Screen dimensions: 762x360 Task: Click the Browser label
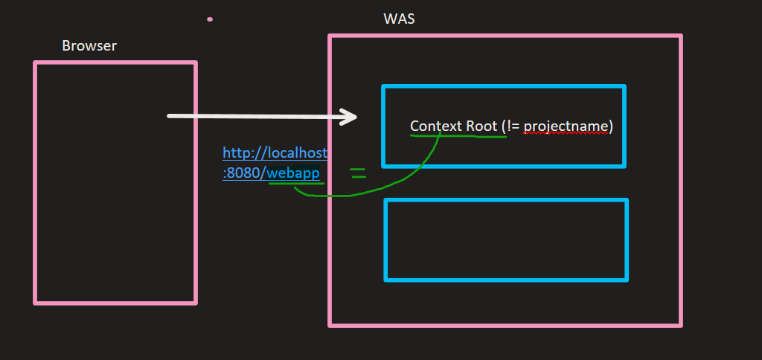tap(89, 46)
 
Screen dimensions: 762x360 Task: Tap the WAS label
tap(399, 19)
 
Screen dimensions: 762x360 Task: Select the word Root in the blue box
tap(481, 126)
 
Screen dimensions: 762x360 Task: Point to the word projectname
tap(566, 126)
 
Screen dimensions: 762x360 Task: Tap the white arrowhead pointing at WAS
tap(349, 117)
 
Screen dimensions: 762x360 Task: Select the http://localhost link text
tap(275, 153)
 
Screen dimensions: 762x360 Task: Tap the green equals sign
tap(358, 173)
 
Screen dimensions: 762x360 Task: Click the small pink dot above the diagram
tap(210, 19)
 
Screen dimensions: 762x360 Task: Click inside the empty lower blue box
tap(506, 240)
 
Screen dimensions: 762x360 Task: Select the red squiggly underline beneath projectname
tap(566, 135)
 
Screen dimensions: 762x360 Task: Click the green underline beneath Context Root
tap(458, 136)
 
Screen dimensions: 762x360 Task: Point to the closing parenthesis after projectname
tap(610, 126)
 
